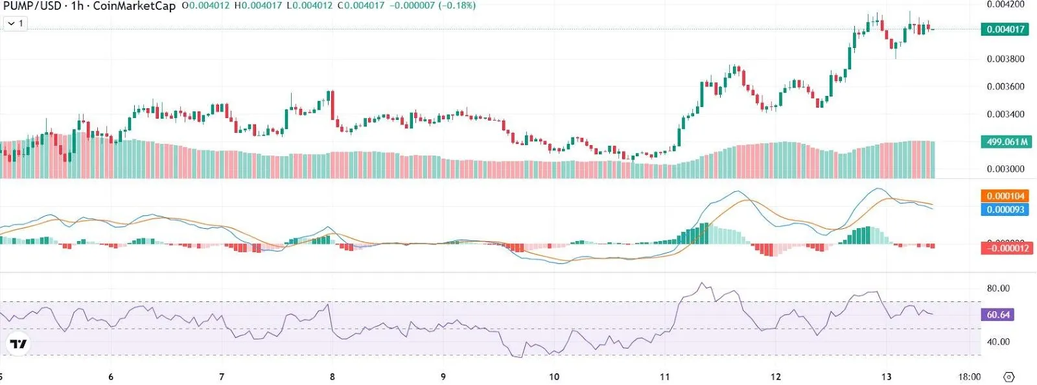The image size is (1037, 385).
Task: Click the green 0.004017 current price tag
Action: [1005, 29]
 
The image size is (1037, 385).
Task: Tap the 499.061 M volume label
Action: [1005, 142]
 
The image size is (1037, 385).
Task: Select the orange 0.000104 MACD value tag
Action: [1005, 196]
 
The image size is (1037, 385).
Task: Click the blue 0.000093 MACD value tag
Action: [1005, 209]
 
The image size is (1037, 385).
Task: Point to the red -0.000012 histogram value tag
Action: [1007, 248]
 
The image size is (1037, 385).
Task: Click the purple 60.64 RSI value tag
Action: [998, 315]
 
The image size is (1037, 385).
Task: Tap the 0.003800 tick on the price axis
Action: [1005, 59]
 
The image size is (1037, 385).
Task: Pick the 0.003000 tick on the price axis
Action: [1005, 169]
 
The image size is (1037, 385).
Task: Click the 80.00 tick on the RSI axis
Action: [998, 288]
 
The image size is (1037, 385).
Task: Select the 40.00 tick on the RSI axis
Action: [998, 342]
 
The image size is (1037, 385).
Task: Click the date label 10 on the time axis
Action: [554, 377]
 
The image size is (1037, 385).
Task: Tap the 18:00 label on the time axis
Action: [969, 377]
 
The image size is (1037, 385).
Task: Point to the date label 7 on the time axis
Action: [222, 377]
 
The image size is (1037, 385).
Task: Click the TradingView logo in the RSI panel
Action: [18, 344]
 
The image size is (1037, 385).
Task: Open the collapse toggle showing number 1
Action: [15, 23]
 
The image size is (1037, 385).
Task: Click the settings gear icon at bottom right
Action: [1008, 377]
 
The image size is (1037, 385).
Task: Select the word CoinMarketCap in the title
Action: [134, 6]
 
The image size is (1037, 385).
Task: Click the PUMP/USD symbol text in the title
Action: [32, 6]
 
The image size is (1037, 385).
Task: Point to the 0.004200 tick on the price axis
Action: [1005, 5]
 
